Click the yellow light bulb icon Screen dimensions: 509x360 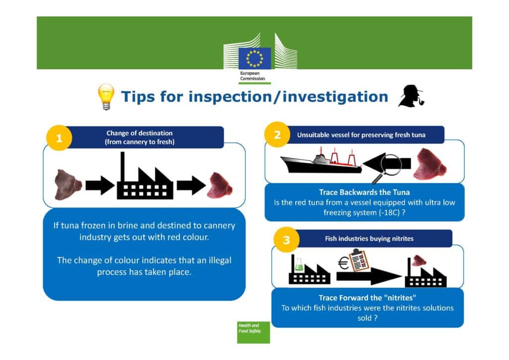click(106, 97)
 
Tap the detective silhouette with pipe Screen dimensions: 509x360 click(411, 96)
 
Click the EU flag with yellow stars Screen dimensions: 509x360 click(254, 59)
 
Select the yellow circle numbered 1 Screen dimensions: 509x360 click(59, 138)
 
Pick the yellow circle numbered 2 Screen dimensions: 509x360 click(277, 134)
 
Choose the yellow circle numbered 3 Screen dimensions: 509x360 click(286, 240)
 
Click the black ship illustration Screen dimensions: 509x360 click(321, 161)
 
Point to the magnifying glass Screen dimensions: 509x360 click(387, 167)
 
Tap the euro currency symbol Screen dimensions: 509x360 click(343, 263)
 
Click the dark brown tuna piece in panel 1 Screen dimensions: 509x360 click(68, 184)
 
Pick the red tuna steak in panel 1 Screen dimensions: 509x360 click(220, 185)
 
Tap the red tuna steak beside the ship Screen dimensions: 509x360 click(430, 164)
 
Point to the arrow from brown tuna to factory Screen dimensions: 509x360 click(100, 185)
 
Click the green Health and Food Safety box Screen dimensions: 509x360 click(254, 332)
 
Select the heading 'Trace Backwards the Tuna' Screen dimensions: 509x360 click(364, 192)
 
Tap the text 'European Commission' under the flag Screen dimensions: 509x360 click(253, 76)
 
